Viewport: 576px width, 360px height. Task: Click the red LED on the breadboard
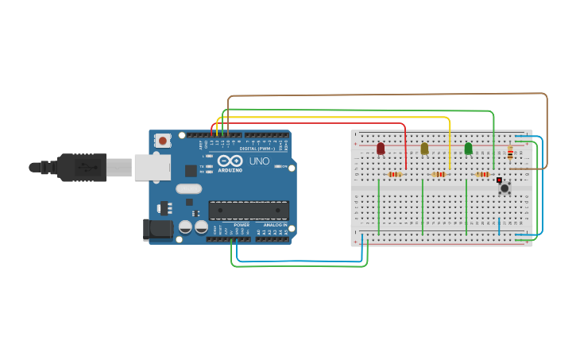[x=381, y=149]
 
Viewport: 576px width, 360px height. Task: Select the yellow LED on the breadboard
[x=424, y=149]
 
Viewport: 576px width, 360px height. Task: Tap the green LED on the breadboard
[x=468, y=149]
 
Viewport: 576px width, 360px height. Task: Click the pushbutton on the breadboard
[x=504, y=188]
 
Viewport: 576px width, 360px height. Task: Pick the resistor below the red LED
[x=394, y=174]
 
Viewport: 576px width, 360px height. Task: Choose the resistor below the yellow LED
[x=439, y=174]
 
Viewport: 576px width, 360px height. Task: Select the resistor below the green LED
[x=482, y=174]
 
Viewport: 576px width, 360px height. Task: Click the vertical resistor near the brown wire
[x=510, y=153]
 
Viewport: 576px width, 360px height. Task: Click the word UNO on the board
[x=260, y=161]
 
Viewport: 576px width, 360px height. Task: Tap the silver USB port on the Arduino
[x=151, y=167]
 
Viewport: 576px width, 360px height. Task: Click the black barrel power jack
[x=157, y=229]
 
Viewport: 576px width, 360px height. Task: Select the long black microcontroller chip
[x=248, y=210]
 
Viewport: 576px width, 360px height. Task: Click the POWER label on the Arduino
[x=242, y=225]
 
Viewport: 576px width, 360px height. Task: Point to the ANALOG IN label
[x=274, y=225]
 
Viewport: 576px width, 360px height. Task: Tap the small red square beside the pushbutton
[x=499, y=180]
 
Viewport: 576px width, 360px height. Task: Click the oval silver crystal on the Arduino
[x=189, y=189]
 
